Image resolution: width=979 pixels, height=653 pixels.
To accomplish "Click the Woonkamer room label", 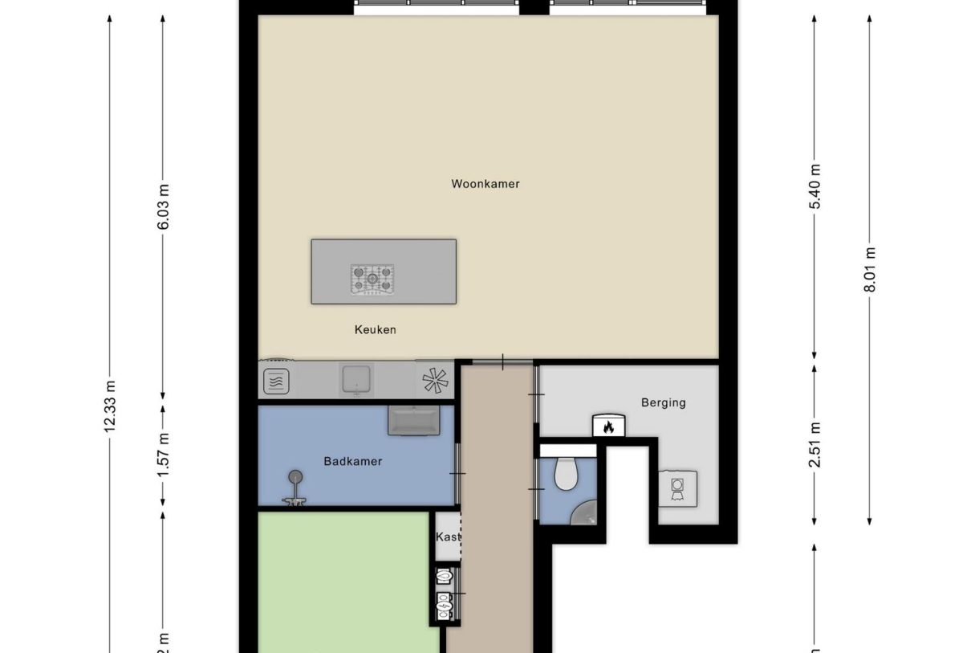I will point(485,184).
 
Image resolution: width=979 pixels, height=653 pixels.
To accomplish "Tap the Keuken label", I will point(376,329).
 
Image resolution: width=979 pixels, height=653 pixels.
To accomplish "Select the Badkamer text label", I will point(353,461).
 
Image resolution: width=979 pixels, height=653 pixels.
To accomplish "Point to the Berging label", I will point(663,402).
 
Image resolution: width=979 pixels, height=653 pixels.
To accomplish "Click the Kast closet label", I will point(447,537).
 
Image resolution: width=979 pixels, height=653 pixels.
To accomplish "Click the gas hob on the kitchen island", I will point(372,280).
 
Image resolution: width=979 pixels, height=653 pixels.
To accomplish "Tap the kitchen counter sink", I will point(356,378).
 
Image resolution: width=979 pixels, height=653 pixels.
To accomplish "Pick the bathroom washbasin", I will point(413,420).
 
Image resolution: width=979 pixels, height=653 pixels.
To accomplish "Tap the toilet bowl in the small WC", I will point(566,473).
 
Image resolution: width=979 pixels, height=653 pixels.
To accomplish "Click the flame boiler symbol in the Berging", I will point(607,426).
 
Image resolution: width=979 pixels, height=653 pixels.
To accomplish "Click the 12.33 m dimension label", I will point(109,406).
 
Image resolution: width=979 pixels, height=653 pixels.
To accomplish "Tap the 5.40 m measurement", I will point(814,186).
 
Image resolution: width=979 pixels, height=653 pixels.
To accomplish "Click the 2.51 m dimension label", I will point(814,444).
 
